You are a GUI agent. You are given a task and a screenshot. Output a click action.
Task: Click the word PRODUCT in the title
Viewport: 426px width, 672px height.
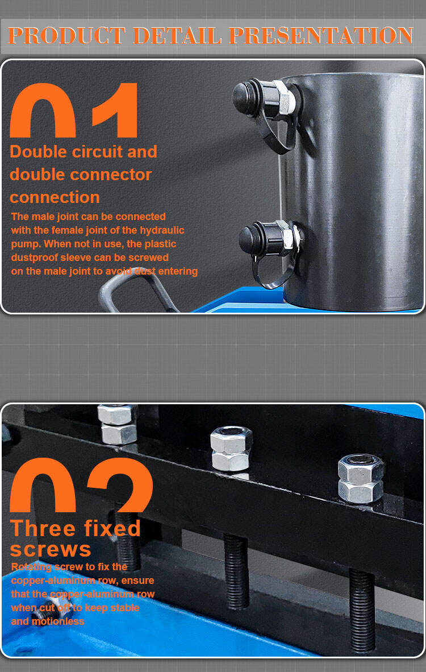click(x=66, y=36)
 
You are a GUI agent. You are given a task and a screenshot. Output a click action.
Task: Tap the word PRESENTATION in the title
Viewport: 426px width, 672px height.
click(x=321, y=36)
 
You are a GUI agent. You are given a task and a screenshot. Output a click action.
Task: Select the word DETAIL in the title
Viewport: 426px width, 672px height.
click(x=177, y=36)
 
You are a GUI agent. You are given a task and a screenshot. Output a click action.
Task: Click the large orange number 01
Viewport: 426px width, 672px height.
click(x=73, y=110)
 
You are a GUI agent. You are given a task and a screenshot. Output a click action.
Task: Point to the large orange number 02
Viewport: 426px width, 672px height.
click(x=81, y=485)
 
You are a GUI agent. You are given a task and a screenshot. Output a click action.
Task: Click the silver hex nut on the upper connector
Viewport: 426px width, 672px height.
click(x=284, y=99)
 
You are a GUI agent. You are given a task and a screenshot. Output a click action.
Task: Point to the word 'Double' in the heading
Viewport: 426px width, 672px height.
click(x=39, y=152)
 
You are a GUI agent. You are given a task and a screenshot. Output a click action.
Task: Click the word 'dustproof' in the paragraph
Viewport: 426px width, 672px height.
click(x=36, y=258)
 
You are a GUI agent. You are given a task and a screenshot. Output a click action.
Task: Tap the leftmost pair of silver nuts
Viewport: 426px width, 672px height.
click(x=117, y=424)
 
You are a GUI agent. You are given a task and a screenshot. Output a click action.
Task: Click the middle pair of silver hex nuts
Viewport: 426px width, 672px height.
click(x=231, y=448)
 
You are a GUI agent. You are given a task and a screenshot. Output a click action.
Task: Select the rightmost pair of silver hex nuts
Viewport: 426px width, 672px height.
click(x=361, y=478)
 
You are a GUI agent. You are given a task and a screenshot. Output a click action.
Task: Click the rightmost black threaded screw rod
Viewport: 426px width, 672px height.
click(x=362, y=610)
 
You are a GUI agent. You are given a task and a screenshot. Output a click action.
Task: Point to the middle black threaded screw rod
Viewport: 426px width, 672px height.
click(x=236, y=571)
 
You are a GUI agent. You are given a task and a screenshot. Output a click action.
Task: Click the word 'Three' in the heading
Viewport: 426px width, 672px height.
click(x=43, y=528)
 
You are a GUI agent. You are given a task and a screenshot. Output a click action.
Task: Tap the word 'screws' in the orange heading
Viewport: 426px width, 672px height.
click(x=51, y=550)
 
